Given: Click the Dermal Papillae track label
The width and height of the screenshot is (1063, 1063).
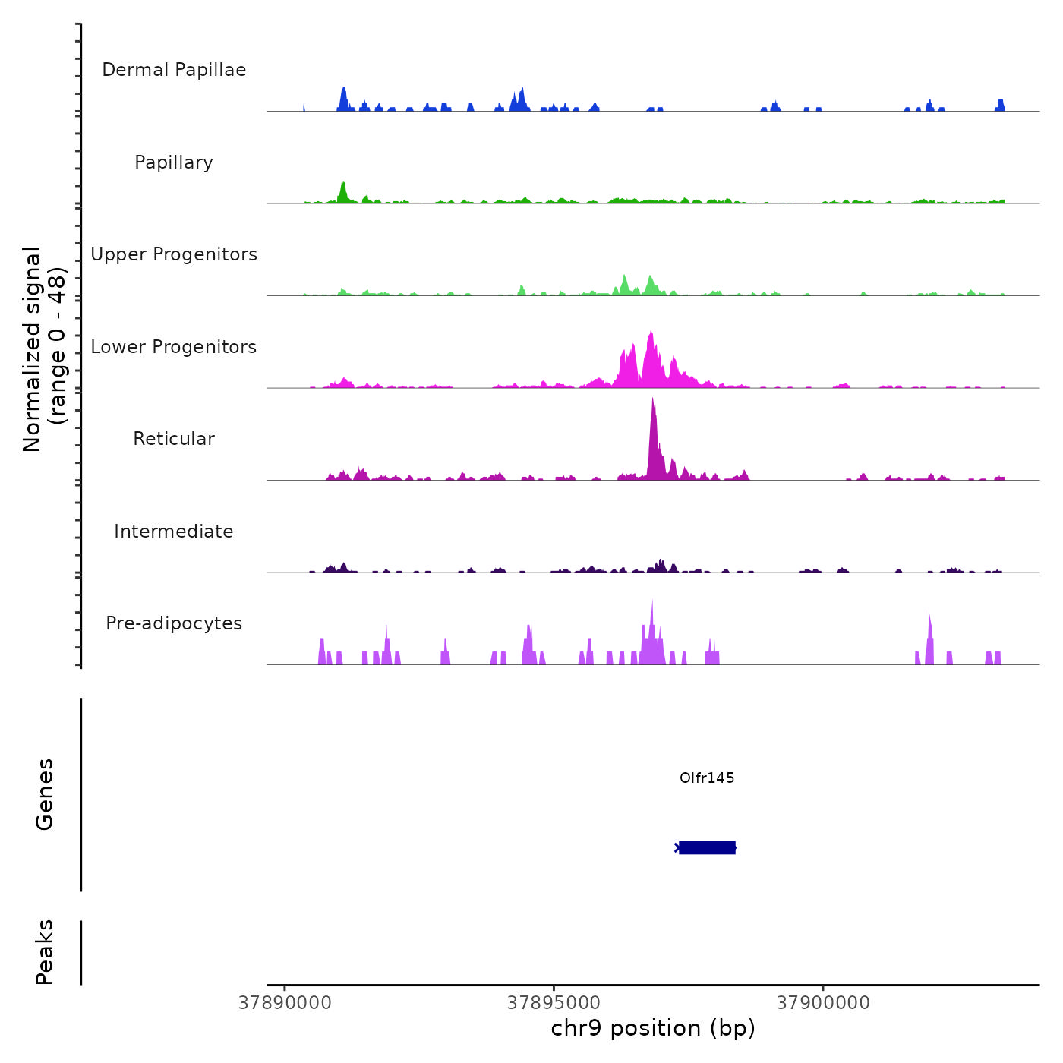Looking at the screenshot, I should click(174, 70).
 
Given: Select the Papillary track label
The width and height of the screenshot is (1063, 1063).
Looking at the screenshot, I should click(174, 162).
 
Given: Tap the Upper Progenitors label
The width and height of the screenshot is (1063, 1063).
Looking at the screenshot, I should click(174, 254).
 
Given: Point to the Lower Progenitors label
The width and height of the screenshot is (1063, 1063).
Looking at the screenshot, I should click(174, 347).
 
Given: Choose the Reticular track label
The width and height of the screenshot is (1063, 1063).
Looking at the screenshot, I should click(174, 439).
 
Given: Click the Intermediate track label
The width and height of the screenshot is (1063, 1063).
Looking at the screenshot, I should click(174, 531).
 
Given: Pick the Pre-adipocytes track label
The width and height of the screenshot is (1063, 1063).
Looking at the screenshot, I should click(174, 623).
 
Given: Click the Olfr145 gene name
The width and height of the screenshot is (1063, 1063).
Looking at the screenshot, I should click(707, 778).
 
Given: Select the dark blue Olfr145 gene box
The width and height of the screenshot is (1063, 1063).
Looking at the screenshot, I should click(707, 847).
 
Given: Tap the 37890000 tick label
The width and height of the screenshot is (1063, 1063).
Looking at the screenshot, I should click(285, 1003).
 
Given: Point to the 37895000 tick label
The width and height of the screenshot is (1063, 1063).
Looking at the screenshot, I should click(554, 1003).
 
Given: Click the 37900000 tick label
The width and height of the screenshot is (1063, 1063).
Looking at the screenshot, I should click(823, 1003).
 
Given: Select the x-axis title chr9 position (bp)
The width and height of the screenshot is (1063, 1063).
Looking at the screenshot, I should click(653, 1028).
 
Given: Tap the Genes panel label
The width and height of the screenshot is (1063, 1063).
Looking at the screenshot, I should click(44, 794).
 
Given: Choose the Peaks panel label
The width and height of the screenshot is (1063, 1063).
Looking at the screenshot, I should click(44, 952).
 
